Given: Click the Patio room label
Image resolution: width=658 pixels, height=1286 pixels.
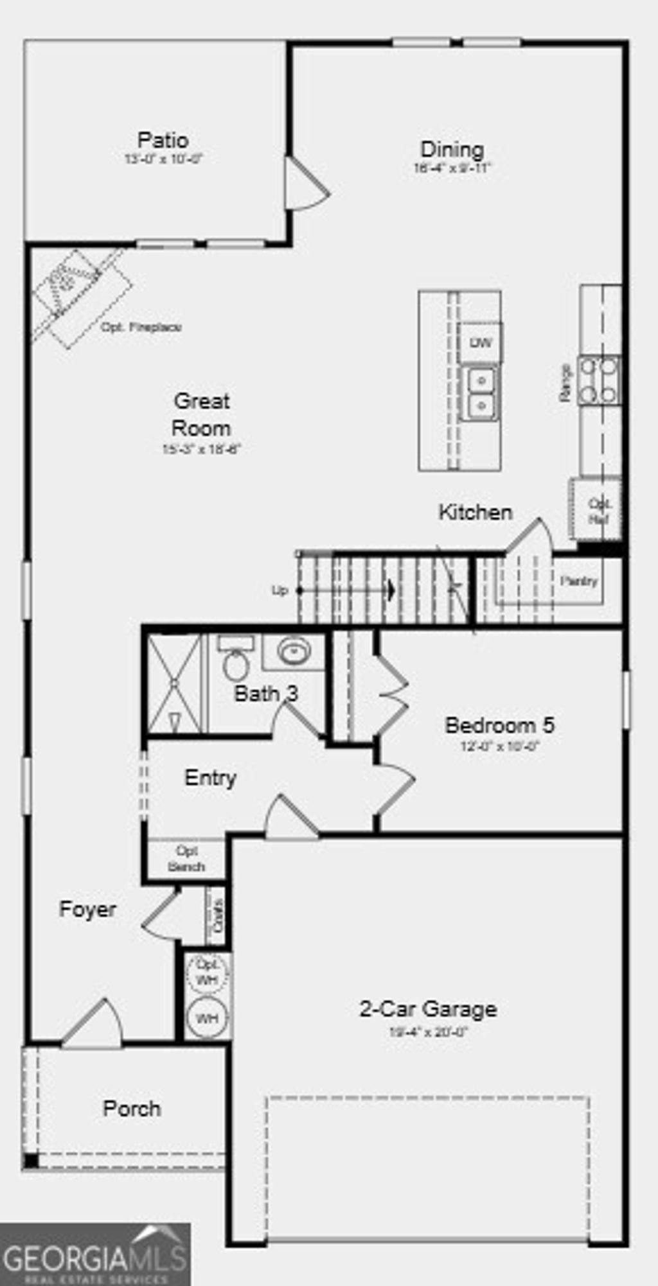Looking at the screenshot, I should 163,140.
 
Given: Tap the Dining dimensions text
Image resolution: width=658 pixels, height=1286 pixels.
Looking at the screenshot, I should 452,169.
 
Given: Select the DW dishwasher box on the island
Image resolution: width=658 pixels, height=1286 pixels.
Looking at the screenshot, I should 481,343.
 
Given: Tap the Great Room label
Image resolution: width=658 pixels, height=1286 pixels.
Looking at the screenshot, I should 201,414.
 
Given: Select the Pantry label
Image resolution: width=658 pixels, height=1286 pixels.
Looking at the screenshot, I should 578,581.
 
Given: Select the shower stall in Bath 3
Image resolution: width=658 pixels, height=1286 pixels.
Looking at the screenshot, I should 174,684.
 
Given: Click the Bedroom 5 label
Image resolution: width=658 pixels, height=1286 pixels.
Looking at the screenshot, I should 499,725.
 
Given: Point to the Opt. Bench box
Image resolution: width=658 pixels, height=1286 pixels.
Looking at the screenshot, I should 186,859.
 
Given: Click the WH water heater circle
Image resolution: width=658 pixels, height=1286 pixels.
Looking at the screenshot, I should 207,1018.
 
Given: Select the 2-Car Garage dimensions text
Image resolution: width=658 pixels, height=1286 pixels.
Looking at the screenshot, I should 429,1032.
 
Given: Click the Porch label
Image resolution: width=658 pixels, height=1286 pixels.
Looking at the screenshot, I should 132,1108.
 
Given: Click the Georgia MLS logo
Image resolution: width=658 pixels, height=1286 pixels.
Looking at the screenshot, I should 95,1254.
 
